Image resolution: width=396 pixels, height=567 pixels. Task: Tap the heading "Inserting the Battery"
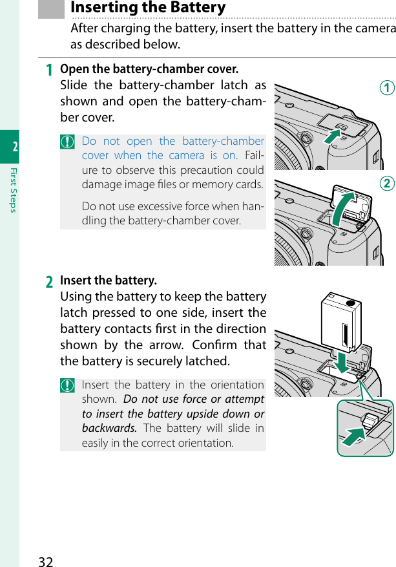point(148,8)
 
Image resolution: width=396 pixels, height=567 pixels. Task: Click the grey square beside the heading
point(52,8)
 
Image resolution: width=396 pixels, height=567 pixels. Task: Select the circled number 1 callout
point(387,88)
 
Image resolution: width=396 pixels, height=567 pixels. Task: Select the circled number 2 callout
point(387,184)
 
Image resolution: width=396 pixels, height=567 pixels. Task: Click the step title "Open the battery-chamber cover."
point(149,69)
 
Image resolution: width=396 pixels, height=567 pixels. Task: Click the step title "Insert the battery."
point(109,281)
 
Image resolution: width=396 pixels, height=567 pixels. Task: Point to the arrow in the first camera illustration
point(331,138)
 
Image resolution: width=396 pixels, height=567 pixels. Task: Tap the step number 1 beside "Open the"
point(49,70)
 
